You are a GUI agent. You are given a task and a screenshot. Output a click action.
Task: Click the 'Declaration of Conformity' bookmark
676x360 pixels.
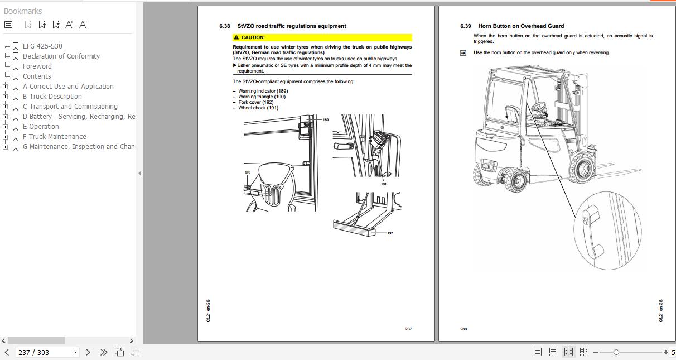pyautogui.click(x=61, y=56)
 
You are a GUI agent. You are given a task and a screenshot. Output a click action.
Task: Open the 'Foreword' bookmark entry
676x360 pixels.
pyautogui.click(x=37, y=66)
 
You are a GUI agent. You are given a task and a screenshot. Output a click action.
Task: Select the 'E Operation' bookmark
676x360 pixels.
pyautogui.click(x=41, y=127)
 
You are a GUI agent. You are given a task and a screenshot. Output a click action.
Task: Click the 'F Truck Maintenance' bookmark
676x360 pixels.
pyautogui.click(x=54, y=137)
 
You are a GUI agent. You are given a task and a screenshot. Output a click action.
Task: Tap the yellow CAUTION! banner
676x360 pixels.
pyautogui.click(x=322, y=37)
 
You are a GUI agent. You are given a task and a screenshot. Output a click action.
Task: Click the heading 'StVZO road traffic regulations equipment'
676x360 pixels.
pyautogui.click(x=291, y=26)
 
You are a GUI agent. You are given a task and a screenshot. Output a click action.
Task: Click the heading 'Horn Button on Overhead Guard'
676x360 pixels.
pyautogui.click(x=520, y=26)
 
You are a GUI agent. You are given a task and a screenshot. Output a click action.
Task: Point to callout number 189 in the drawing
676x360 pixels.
pyautogui.click(x=326, y=120)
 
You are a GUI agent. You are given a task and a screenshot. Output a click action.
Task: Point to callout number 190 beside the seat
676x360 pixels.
pyautogui.click(x=248, y=172)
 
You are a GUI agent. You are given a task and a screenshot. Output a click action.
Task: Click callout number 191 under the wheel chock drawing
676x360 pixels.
pyautogui.click(x=384, y=184)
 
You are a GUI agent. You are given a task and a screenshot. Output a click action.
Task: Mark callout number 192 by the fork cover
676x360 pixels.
pyautogui.click(x=390, y=233)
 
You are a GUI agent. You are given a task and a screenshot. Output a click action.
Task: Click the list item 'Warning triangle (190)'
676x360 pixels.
pyautogui.click(x=262, y=97)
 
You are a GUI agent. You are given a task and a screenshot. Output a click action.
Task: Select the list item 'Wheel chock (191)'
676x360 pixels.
pyautogui.click(x=258, y=108)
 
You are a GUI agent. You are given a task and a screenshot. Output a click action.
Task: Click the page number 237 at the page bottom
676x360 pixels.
pyautogui.click(x=408, y=329)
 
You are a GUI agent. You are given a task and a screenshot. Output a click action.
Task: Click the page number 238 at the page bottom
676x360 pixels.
pyautogui.click(x=463, y=329)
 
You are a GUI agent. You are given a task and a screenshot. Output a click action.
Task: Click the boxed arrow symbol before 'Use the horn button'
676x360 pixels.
pyautogui.click(x=463, y=53)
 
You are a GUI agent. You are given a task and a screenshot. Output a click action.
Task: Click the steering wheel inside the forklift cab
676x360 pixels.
pyautogui.click(x=539, y=105)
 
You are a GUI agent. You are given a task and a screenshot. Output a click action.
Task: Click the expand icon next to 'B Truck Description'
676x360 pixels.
pyautogui.click(x=6, y=97)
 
